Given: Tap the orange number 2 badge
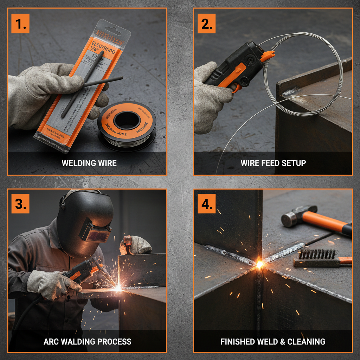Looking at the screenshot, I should [x=206, y=24].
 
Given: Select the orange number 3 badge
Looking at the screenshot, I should [x=20, y=204].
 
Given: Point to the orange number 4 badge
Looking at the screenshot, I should [x=206, y=204].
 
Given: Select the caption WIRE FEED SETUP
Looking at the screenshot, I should [x=273, y=163].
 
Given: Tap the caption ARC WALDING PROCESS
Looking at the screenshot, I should [x=87, y=341].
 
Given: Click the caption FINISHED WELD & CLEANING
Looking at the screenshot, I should [x=273, y=341].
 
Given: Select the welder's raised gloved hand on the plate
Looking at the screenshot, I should [x=136, y=245].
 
